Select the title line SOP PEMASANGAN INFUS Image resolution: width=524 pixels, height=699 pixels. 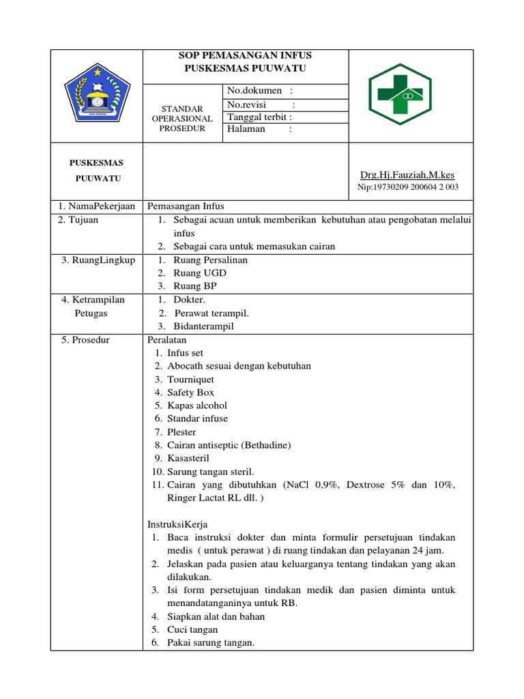[x=246, y=55]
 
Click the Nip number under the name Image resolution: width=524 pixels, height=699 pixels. [x=408, y=187]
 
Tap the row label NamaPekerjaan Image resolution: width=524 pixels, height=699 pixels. [x=96, y=206]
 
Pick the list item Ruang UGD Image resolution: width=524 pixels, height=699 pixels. [x=200, y=273]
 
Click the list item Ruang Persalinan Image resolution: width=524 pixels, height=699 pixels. [x=211, y=259]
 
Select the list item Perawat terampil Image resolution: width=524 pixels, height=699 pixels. [x=212, y=313]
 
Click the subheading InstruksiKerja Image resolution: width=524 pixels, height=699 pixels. [x=177, y=524]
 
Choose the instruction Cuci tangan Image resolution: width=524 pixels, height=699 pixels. [x=192, y=629]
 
